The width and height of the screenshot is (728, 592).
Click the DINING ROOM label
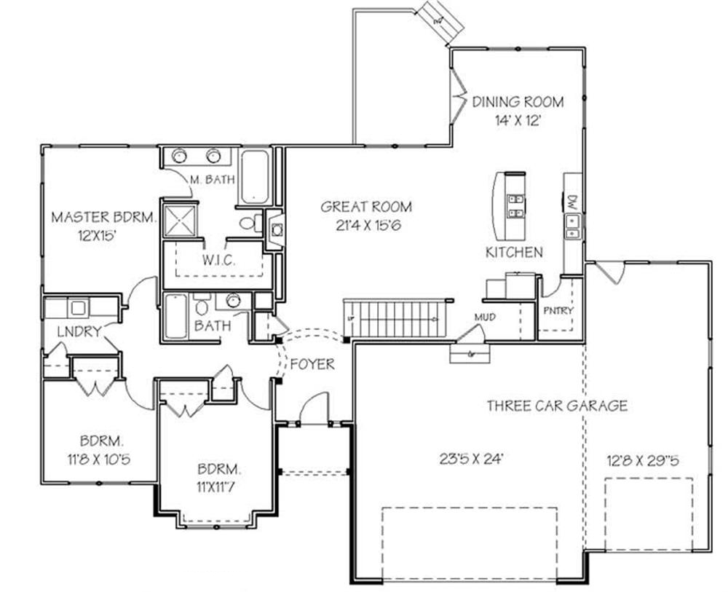(x=518, y=101)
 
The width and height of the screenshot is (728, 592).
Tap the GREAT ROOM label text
(x=366, y=207)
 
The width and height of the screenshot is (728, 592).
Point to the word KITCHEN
(x=514, y=252)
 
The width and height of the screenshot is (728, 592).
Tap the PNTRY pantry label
(x=558, y=311)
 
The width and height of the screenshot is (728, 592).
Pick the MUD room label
(x=485, y=317)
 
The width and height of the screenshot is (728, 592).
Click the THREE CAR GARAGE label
(x=557, y=406)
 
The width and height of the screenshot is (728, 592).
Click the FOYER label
(x=312, y=363)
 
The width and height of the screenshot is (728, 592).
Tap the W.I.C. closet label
(x=218, y=261)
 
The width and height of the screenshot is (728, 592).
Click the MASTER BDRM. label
(x=103, y=217)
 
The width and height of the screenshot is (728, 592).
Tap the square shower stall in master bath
(x=179, y=220)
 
